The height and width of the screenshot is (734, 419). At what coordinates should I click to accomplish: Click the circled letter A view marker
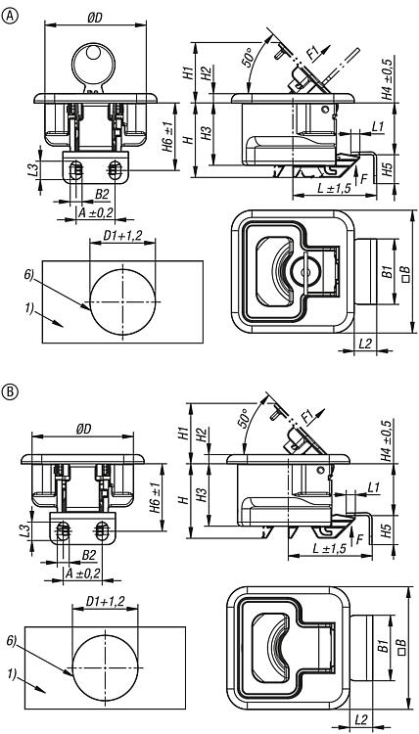click(x=9, y=16)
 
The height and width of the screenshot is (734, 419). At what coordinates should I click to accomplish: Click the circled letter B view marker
click(x=9, y=390)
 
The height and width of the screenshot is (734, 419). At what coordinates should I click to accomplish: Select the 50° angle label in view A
click(x=249, y=58)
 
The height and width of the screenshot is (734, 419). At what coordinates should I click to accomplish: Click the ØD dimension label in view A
click(x=95, y=17)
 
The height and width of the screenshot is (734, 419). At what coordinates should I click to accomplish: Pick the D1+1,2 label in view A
click(x=122, y=237)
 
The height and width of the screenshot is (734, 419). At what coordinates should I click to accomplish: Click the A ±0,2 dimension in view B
click(x=83, y=573)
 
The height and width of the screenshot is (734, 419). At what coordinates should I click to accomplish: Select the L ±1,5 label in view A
click(x=334, y=188)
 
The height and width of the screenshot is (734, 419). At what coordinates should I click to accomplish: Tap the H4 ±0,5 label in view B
click(x=386, y=440)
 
